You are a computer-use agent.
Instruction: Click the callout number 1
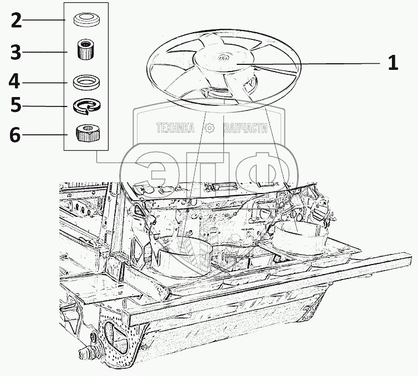[392, 63]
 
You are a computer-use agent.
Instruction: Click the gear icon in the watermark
[209, 129]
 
